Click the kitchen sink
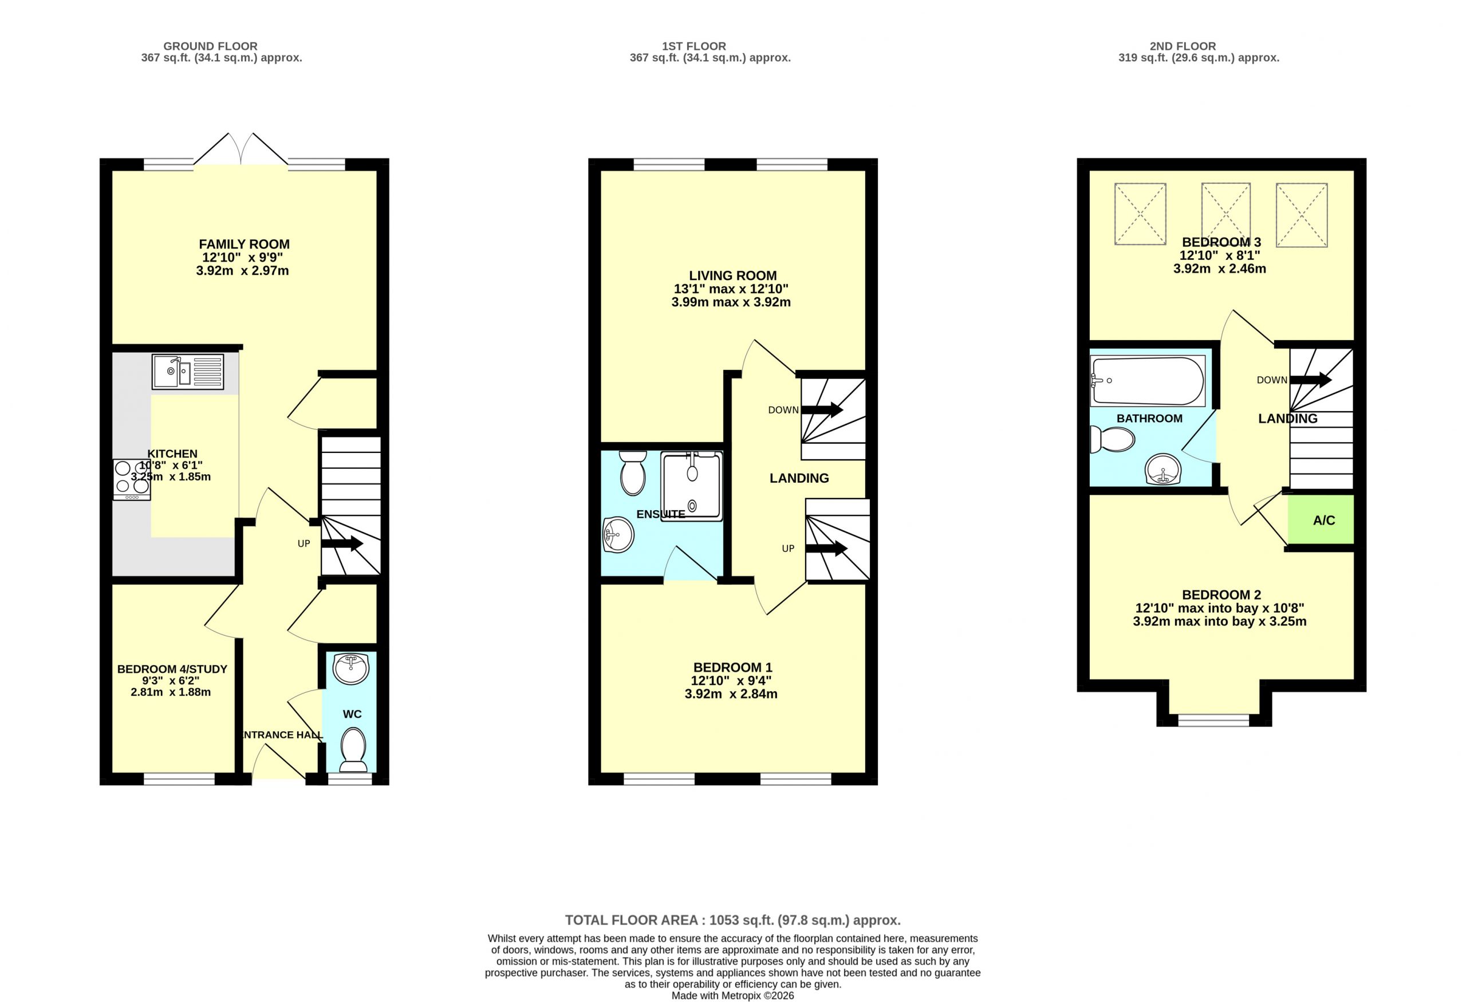click(x=187, y=372)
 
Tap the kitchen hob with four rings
click(x=132, y=480)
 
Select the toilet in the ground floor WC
click(x=353, y=749)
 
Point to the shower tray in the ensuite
click(x=691, y=486)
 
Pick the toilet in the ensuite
click(x=632, y=473)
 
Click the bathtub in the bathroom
click(x=1148, y=381)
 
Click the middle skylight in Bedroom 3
click(x=1225, y=214)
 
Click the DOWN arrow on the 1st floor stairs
click(x=822, y=410)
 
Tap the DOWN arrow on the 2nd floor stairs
click(x=1311, y=380)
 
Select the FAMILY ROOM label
click(x=244, y=244)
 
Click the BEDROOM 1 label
click(x=732, y=667)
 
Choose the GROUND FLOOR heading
click(x=210, y=46)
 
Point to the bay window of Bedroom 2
click(x=1213, y=720)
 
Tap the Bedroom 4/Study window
click(x=179, y=779)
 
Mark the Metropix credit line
click(x=732, y=996)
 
